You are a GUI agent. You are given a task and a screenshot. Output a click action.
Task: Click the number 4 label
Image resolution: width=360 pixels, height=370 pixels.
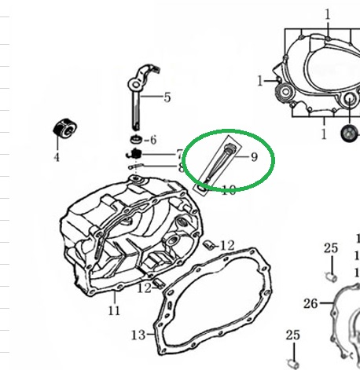[x=57, y=157]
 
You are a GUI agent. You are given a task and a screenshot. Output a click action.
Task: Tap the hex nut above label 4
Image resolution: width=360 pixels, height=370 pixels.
[x=65, y=128]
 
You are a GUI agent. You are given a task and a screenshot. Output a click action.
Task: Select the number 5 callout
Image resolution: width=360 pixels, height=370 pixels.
[x=167, y=97]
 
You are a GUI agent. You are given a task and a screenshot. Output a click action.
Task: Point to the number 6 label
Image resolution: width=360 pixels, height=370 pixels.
[x=153, y=140]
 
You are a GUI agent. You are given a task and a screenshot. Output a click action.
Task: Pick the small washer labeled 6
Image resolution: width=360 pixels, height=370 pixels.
[x=136, y=139]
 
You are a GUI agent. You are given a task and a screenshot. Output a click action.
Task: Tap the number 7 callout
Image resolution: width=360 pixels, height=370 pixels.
[x=179, y=154]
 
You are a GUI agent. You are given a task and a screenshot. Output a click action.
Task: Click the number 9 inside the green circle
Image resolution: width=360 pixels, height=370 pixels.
[x=254, y=157]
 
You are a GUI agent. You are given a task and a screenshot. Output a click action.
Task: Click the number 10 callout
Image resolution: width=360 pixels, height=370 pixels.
[x=229, y=190]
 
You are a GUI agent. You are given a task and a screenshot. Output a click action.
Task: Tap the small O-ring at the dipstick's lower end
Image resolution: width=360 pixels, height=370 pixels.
[x=202, y=188]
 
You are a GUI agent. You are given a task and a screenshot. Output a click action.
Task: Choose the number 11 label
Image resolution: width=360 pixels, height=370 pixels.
[x=114, y=311]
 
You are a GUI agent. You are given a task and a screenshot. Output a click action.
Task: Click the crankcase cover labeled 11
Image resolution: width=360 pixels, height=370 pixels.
[x=131, y=236]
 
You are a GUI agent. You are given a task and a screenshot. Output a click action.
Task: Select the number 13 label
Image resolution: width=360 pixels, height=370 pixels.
[x=138, y=335]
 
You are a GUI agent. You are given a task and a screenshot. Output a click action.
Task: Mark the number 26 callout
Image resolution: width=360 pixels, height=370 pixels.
[x=310, y=304]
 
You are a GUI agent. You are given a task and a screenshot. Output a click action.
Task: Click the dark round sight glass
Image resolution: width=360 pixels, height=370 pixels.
[x=349, y=133]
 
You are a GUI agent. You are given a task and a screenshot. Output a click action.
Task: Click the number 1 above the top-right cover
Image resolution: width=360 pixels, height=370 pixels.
[x=328, y=15]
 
